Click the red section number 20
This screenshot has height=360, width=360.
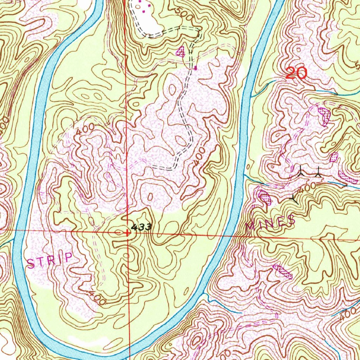coord(296,73)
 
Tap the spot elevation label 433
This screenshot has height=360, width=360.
coord(141,227)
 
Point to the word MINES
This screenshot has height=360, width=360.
coord(270,223)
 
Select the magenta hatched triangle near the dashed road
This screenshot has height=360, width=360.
coord(180,52)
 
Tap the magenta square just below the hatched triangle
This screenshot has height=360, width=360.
coord(195,68)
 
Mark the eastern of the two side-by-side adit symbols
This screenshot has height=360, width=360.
coord(318,172)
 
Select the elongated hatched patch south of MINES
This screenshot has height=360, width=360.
coord(282,271)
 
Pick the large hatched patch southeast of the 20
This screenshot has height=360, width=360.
coord(323,116)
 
